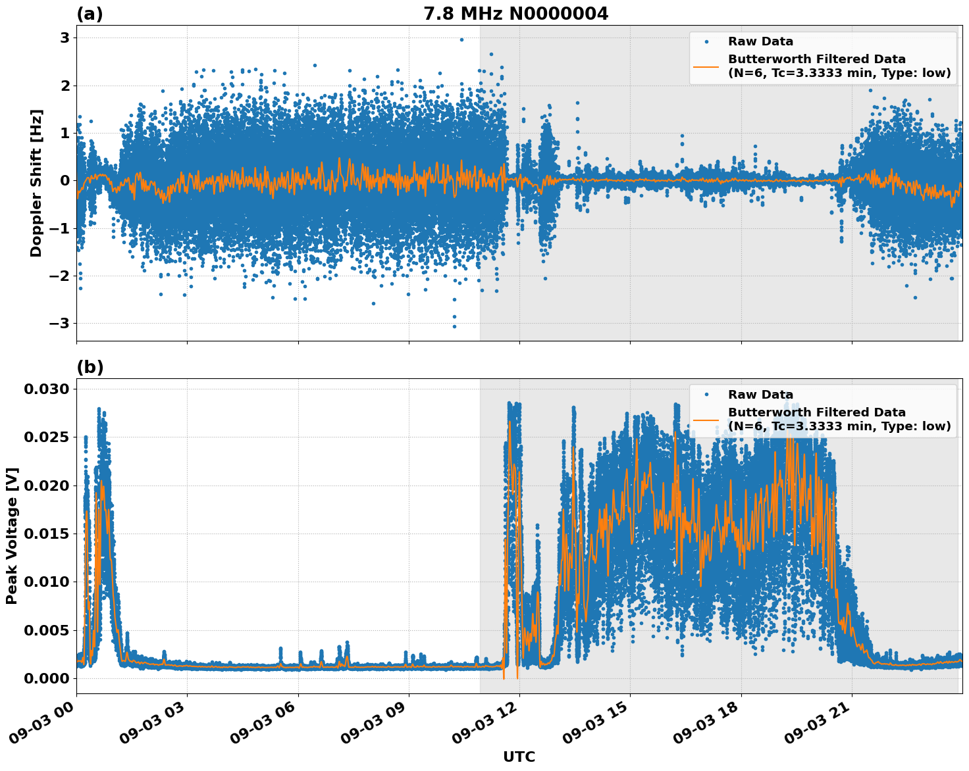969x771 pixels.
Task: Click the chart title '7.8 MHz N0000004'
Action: (x=515, y=14)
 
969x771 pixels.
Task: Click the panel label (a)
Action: (x=90, y=14)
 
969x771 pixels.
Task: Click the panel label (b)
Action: (x=90, y=367)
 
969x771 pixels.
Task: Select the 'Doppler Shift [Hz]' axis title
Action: (x=36, y=183)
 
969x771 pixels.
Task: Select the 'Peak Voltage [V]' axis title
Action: (x=12, y=535)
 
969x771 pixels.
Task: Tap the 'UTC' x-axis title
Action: (x=519, y=757)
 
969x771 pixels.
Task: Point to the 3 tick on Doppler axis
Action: (x=65, y=37)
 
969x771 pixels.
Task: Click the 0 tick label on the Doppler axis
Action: (x=65, y=180)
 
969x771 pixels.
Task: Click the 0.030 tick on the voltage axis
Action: (x=46, y=389)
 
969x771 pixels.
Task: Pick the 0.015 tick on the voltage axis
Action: (x=46, y=534)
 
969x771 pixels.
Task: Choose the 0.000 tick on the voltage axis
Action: (x=46, y=678)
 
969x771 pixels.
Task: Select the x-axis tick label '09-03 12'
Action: (x=494, y=724)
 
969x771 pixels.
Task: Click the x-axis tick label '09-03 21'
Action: (x=826, y=724)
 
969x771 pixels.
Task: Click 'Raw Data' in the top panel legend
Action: (x=760, y=41)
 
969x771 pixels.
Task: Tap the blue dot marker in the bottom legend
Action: (x=706, y=395)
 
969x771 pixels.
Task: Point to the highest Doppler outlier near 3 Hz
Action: (x=461, y=39)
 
